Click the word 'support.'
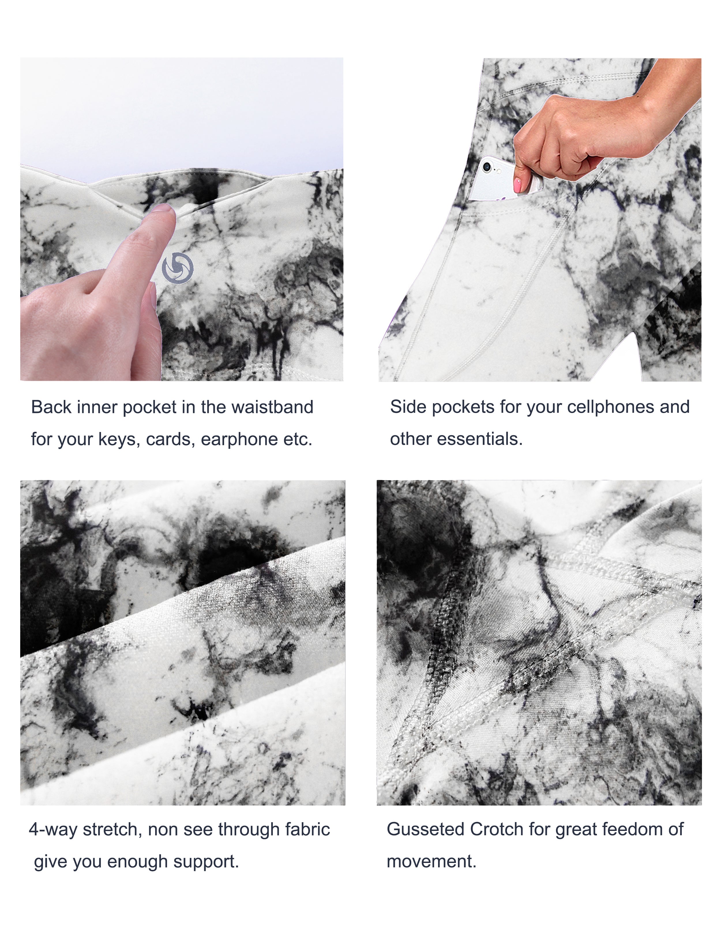coord(206,862)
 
